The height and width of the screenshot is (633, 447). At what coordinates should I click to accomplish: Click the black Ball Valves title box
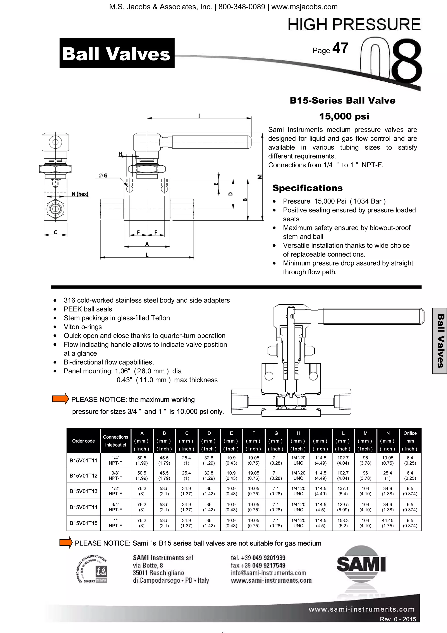pyautogui.click(x=117, y=53)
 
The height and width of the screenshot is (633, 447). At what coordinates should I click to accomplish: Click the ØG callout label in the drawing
pyautogui.click(x=103, y=175)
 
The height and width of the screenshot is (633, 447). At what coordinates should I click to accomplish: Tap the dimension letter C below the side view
pyautogui.click(x=55, y=232)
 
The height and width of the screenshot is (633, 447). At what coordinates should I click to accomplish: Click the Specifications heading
pyautogui.click(x=307, y=188)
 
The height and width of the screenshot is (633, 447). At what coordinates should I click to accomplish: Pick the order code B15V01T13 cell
pyautogui.click(x=83, y=491)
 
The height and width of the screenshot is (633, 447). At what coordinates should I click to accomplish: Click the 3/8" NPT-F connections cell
pyautogui.click(x=115, y=476)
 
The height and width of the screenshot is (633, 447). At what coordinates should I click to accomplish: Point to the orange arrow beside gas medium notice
pyautogui.click(x=66, y=542)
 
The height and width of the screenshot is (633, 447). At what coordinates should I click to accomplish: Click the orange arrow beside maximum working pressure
pyautogui.click(x=60, y=399)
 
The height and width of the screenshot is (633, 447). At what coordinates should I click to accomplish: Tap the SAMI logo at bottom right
pyautogui.click(x=361, y=564)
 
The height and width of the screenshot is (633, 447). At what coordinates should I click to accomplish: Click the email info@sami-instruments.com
pyautogui.click(x=268, y=573)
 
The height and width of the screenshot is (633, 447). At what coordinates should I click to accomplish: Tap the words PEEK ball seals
pyautogui.click(x=88, y=309)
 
